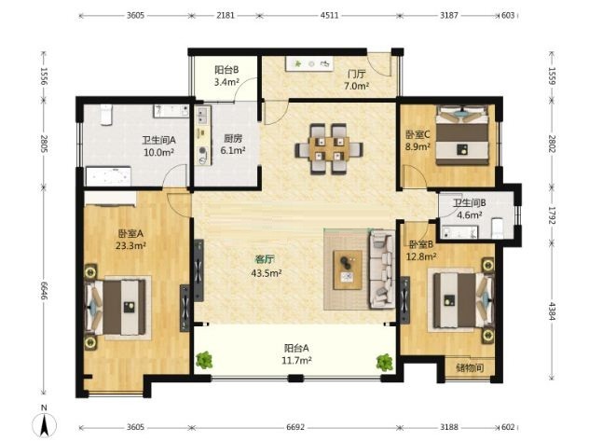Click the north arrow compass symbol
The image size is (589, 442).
pyautogui.click(x=45, y=424)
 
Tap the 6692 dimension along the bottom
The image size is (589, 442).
pyautogui.click(x=295, y=427)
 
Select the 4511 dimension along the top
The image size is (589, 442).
pyautogui.click(x=329, y=16)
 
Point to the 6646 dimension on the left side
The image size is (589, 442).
pyautogui.click(x=44, y=291)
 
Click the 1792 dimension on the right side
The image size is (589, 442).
pyautogui.click(x=552, y=215)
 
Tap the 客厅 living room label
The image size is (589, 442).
pyautogui.click(x=264, y=259)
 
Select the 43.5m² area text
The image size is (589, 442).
pyautogui.click(x=267, y=273)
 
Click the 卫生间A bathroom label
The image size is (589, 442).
pyautogui.click(x=158, y=140)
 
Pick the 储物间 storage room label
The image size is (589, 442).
pyautogui.click(x=470, y=367)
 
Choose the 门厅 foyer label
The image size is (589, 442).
pyautogui.click(x=356, y=74)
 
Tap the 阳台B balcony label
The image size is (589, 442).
pyautogui.click(x=226, y=70)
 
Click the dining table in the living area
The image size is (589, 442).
pyautogui.click(x=329, y=149)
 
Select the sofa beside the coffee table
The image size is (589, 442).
pyautogui.click(x=382, y=269)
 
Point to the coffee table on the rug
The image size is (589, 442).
pyautogui.click(x=348, y=269)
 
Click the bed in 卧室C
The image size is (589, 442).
pyautogui.click(x=462, y=135)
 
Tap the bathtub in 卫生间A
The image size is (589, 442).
pyautogui.click(x=108, y=176)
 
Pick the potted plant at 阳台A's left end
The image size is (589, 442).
pyautogui.click(x=204, y=360)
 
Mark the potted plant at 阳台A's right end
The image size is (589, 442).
pyautogui.click(x=385, y=363)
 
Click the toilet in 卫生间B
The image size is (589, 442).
pyautogui.click(x=497, y=228)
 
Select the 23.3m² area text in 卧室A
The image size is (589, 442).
pyautogui.click(x=130, y=246)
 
